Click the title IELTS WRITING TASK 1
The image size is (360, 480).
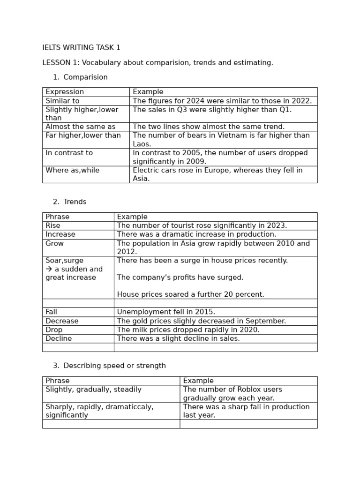[x=81, y=48]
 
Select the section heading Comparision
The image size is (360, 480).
[x=85, y=77]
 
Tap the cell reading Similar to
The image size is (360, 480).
[x=62, y=101]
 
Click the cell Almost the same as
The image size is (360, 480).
[x=80, y=127]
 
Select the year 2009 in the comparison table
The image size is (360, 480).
[x=196, y=161]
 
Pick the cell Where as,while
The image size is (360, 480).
[x=72, y=170]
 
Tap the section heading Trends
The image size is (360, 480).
[x=75, y=202]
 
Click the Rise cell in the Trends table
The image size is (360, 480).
[x=53, y=225]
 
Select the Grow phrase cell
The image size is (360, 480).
[x=54, y=243]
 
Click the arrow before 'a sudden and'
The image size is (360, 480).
[x=49, y=269]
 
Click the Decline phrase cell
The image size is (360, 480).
[x=59, y=338]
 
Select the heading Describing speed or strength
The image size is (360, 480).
[x=114, y=366]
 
